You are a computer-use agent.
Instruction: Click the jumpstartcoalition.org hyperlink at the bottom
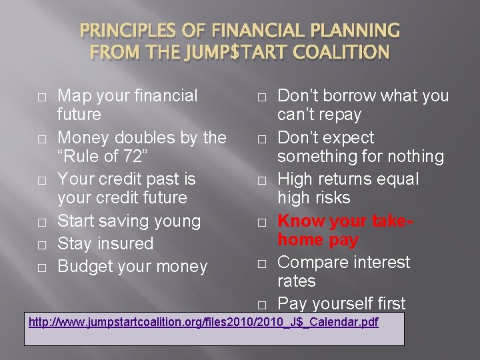pyautogui.click(x=203, y=323)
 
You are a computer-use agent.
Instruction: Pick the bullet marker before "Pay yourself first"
pyautogui.click(x=261, y=305)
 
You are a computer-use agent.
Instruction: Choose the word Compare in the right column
pyautogui.click(x=313, y=262)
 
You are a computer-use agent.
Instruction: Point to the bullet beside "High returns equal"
pyautogui.click(x=261, y=181)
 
